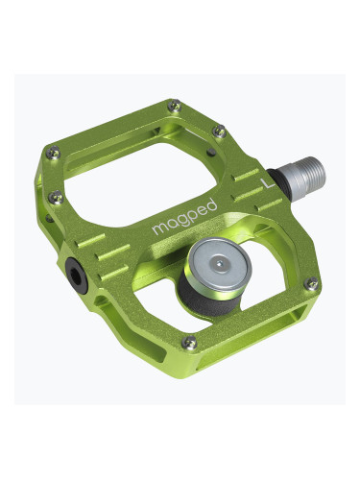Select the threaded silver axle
(306, 173)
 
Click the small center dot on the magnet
(222, 260)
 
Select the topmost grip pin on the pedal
(173, 105)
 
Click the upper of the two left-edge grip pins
(54, 151)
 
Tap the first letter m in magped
(158, 229)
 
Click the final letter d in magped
(212, 204)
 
